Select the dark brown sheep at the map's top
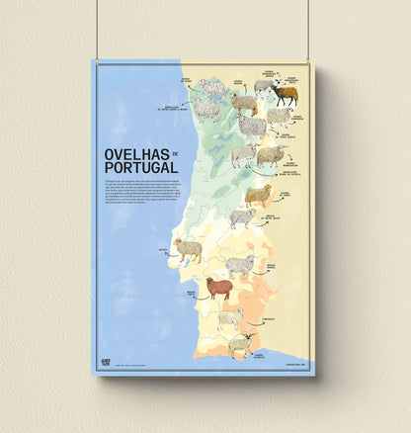click(x=286, y=94)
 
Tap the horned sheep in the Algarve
click(x=238, y=344)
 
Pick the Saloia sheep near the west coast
click(x=188, y=248)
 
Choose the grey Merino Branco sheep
click(x=239, y=265)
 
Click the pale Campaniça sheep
click(x=230, y=317)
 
